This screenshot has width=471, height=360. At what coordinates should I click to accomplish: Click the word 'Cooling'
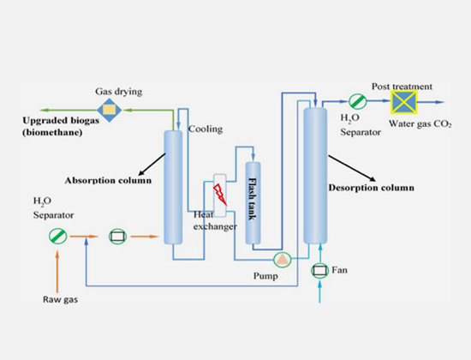(x=206, y=129)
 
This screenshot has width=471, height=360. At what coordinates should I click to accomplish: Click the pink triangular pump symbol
(x=281, y=258)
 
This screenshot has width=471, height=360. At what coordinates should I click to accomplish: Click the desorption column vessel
(x=316, y=175)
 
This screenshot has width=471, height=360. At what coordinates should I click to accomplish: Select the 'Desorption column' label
(x=371, y=187)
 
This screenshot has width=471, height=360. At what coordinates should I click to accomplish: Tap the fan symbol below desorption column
(x=319, y=272)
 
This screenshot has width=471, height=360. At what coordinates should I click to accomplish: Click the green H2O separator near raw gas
(x=57, y=233)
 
